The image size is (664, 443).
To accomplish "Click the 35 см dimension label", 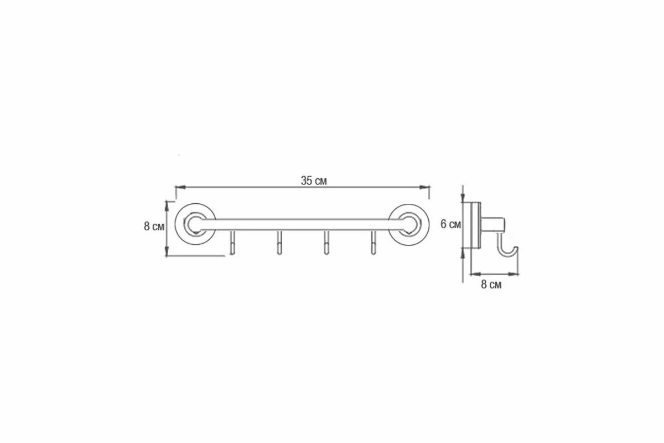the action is [314, 181].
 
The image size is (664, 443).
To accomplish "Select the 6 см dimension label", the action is [450, 224].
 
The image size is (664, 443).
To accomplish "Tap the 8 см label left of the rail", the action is [154, 226].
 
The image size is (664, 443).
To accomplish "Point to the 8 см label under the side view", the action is [491, 285].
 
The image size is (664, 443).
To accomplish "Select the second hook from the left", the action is [279, 243].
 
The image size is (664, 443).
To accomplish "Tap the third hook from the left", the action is [326, 243].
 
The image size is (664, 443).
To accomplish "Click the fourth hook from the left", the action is [373, 243].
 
